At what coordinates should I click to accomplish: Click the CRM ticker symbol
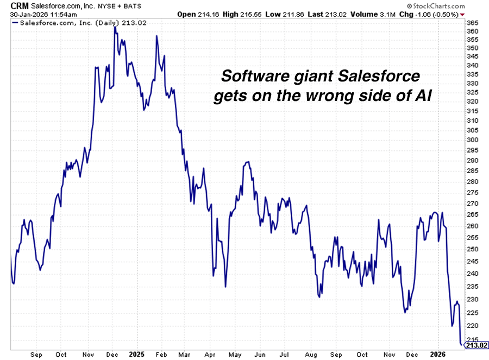coord(20,5)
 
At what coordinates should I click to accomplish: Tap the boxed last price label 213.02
coord(477,344)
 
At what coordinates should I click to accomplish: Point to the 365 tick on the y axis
coord(472,23)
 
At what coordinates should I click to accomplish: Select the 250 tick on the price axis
coord(472,249)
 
